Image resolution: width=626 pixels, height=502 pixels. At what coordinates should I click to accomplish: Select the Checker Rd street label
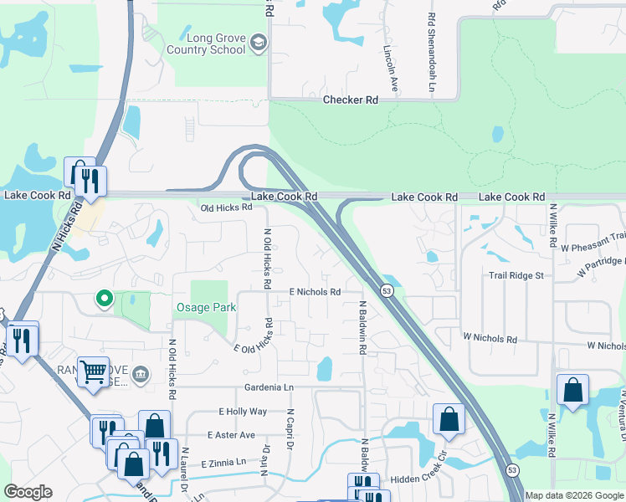(351, 100)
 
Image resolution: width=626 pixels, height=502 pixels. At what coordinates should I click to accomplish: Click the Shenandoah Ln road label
(432, 52)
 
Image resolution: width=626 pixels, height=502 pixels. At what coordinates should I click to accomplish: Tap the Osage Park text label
(205, 308)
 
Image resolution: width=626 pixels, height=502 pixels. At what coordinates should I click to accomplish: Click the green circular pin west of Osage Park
(105, 298)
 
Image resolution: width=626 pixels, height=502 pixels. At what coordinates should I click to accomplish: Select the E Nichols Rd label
(315, 292)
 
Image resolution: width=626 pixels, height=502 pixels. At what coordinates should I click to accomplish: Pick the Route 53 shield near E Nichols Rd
(387, 290)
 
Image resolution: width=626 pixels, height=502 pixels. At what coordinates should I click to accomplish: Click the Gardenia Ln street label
(269, 388)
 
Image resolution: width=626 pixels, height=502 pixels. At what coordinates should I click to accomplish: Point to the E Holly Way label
(243, 412)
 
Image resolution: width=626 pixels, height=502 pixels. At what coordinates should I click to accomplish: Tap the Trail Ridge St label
(516, 275)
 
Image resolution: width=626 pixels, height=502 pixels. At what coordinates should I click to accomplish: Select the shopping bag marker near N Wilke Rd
(572, 390)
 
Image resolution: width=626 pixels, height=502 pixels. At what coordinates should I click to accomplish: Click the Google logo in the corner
(28, 492)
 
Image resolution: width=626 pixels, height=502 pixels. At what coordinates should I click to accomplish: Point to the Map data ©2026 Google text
(573, 495)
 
